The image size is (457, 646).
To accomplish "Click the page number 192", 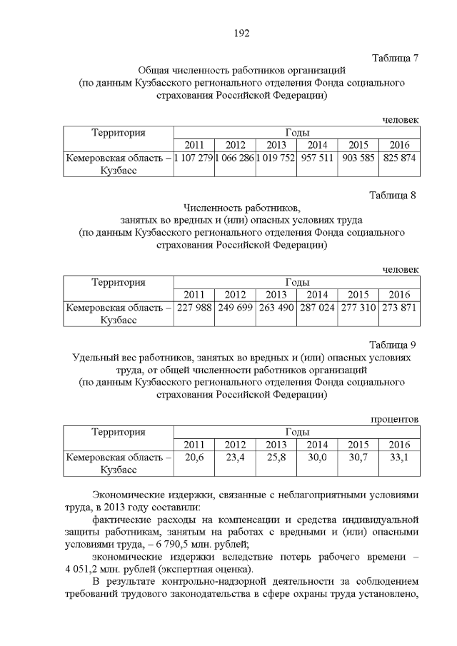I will [x=241, y=33].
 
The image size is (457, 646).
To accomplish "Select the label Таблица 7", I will [x=395, y=57].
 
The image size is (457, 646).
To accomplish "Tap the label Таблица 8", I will [x=393, y=195].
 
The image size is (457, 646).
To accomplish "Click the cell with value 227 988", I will [x=194, y=308].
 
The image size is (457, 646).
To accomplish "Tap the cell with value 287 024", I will [x=317, y=308].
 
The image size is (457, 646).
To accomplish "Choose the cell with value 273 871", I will [x=399, y=308].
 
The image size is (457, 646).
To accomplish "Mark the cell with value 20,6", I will [x=194, y=457].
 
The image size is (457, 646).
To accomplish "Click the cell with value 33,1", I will [x=399, y=457].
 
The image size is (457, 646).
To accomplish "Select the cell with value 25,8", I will [x=276, y=457].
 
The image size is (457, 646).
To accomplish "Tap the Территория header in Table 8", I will [x=119, y=282].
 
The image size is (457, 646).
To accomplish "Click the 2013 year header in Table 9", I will [x=276, y=444].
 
